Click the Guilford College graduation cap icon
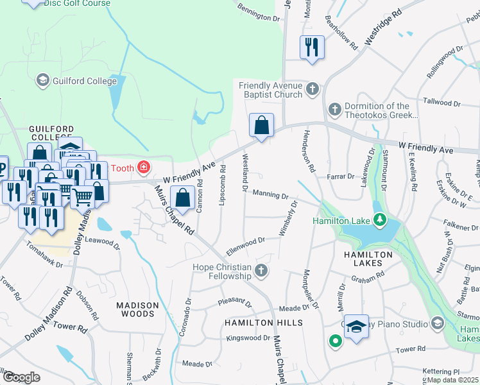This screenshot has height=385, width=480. tap(43, 80)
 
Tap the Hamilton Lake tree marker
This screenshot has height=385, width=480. tap(381, 221)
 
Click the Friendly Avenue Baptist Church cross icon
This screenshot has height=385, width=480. tap(313, 89)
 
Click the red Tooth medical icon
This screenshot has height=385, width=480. tap(144, 168)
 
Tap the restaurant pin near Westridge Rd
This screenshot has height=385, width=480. tap(312, 48)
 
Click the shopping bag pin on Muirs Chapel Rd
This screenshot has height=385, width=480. tap(183, 198)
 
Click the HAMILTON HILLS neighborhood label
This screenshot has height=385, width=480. tap(262, 323)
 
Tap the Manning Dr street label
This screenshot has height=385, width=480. tap(272, 194)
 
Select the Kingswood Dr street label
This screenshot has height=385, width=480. tap(247, 338)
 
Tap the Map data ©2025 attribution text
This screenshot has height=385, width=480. tap(453, 380)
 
